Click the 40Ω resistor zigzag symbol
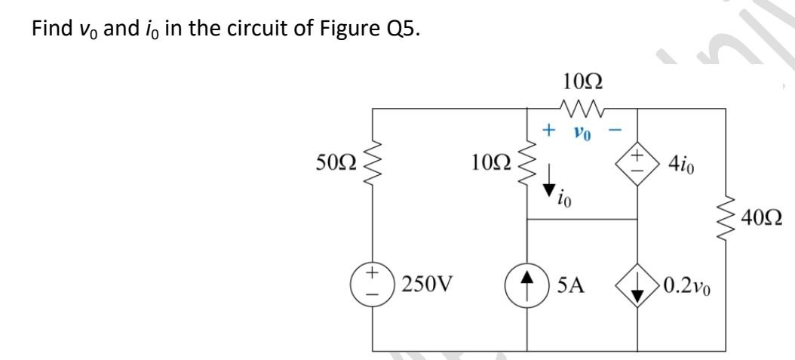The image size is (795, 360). [x=725, y=219]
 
